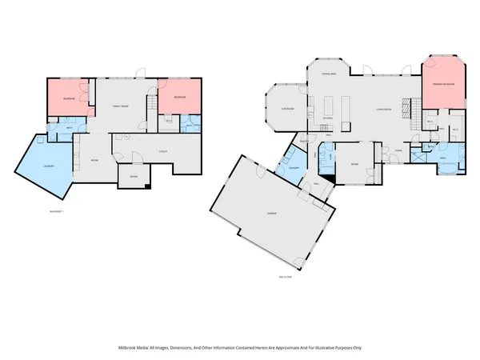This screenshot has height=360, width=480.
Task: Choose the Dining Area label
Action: (x=328, y=74)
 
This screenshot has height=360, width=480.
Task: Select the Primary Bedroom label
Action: (x=445, y=83)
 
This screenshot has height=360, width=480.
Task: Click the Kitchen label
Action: (x=328, y=118)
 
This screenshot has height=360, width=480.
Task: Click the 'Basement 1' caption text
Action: (x=56, y=211)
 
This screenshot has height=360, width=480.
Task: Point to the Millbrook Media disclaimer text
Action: (x=240, y=348)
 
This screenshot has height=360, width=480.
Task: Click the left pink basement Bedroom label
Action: (x=70, y=98)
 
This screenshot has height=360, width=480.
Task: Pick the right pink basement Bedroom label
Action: (x=179, y=97)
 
